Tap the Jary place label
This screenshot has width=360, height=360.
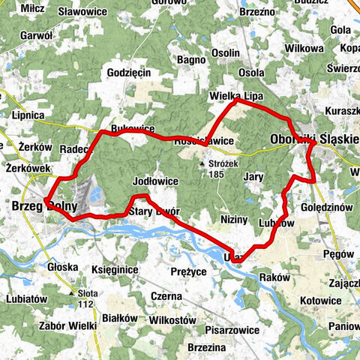pyautogui.click(x=253, y=177)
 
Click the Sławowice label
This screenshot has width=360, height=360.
pyautogui.click(x=82, y=11)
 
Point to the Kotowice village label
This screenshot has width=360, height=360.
pyautogui.click(x=320, y=300)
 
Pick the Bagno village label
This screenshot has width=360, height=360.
pyautogui.click(x=191, y=59)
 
